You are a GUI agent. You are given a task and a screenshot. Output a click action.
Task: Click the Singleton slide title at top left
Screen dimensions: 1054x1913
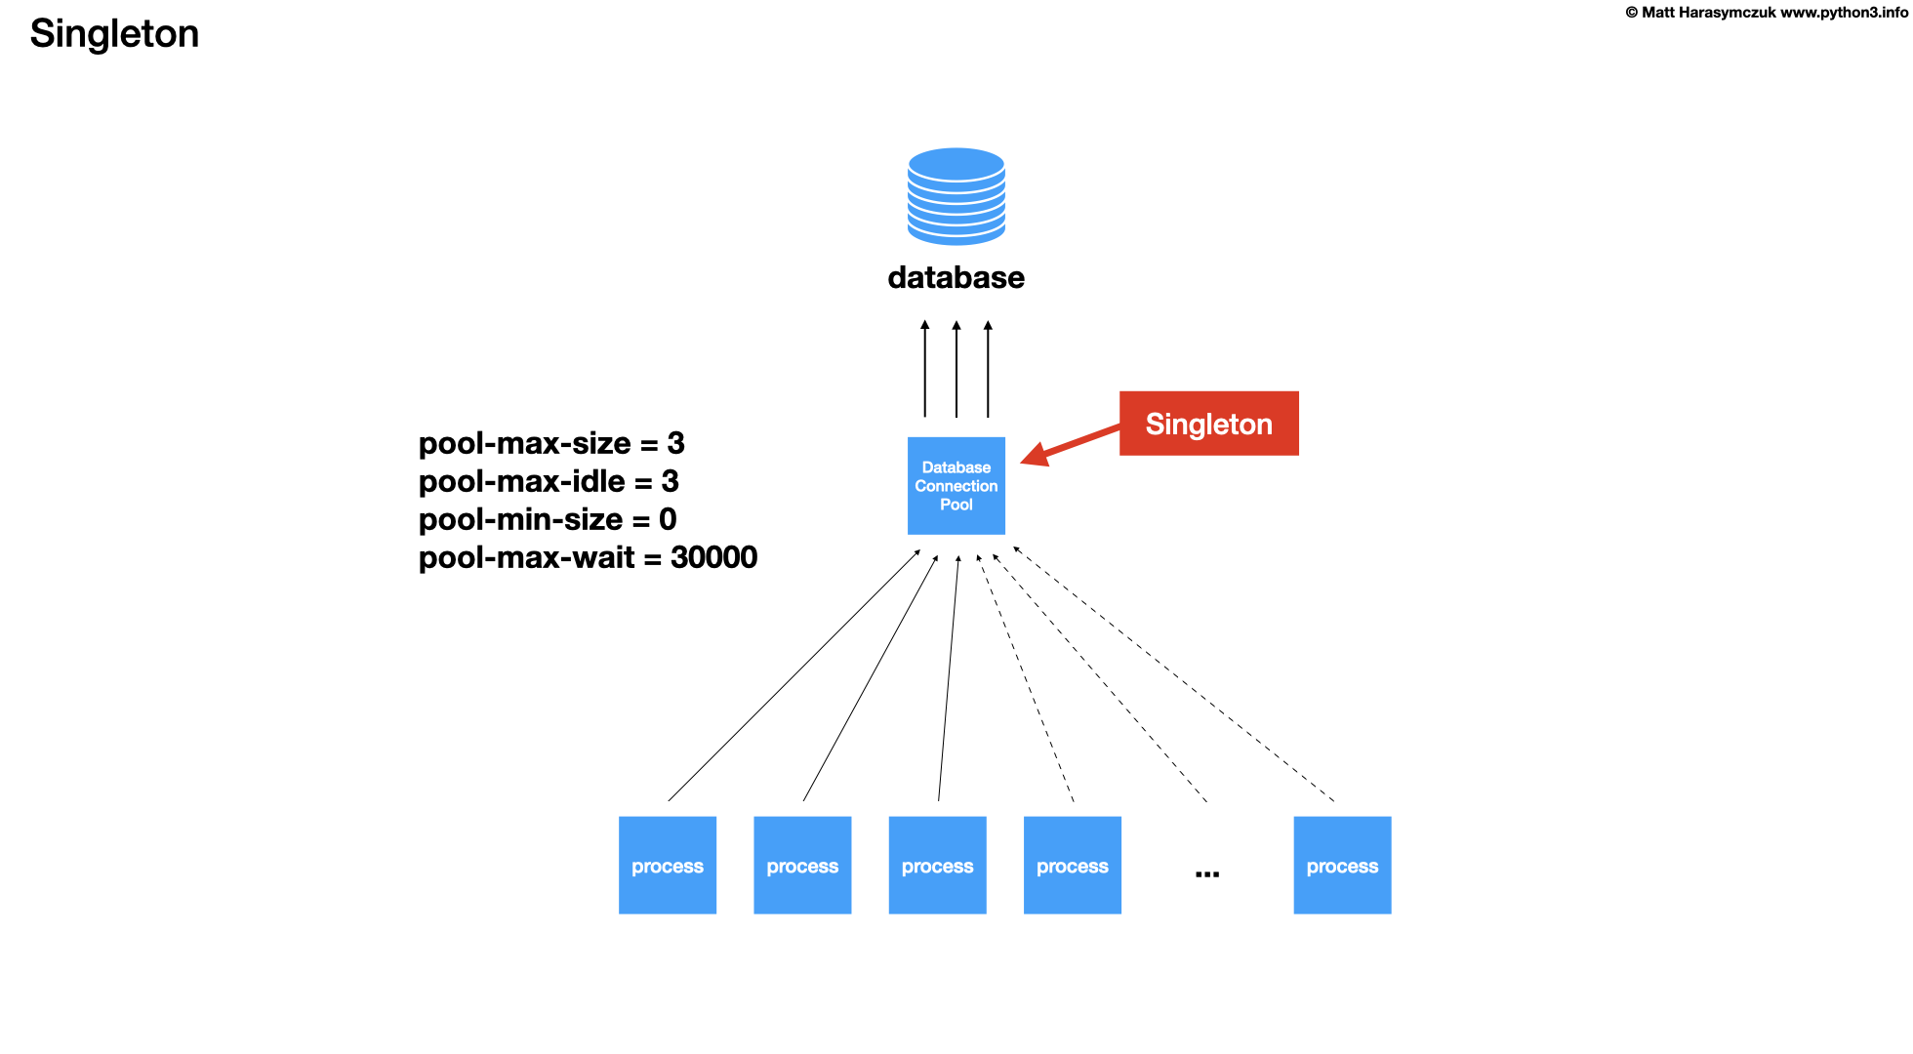click(114, 34)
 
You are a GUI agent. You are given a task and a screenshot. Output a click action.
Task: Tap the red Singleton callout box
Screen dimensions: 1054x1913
click(1208, 424)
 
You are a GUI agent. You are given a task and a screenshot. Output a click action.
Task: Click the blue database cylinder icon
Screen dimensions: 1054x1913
click(956, 196)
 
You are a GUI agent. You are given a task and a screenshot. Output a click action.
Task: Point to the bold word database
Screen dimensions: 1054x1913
click(956, 278)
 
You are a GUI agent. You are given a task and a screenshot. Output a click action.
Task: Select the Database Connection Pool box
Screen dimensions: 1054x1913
click(956, 486)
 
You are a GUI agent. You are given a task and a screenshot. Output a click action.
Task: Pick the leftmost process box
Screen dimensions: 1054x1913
click(668, 866)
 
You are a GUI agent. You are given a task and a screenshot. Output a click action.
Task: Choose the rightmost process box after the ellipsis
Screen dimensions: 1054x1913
click(1342, 866)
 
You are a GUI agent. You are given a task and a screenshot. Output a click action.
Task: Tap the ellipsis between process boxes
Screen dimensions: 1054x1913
click(1207, 872)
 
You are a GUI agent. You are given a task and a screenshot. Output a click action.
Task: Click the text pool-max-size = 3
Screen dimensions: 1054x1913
click(551, 444)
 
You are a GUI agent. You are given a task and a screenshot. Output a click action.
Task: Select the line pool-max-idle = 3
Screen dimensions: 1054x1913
click(549, 482)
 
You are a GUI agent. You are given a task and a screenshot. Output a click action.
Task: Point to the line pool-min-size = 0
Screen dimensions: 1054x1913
click(548, 520)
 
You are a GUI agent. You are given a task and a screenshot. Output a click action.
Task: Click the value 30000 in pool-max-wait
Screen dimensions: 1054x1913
click(713, 558)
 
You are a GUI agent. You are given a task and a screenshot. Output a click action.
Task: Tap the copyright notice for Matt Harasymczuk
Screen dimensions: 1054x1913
click(1766, 13)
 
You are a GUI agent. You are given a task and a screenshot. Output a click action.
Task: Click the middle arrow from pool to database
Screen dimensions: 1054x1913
click(956, 370)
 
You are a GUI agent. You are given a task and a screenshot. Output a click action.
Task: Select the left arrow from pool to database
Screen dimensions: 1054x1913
click(925, 370)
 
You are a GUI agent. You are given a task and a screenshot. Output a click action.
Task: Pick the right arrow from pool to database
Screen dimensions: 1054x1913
click(988, 370)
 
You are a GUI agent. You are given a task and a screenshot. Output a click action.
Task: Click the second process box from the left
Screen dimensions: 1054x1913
click(802, 866)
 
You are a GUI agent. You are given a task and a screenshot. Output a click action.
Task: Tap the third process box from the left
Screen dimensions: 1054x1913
click(937, 866)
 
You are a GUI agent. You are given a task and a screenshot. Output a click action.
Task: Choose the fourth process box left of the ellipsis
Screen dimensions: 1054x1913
click(1072, 866)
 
